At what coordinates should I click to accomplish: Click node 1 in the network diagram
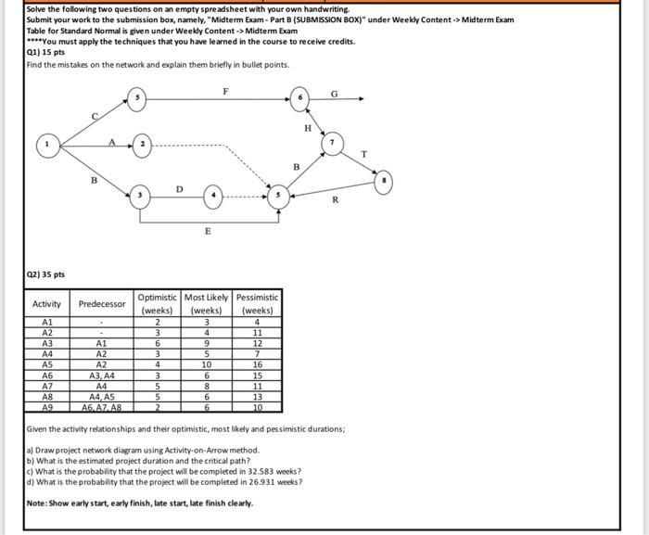[x=45, y=145]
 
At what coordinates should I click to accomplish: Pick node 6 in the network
[x=299, y=96]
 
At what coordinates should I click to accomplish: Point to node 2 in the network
[x=142, y=145]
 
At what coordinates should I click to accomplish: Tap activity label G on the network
[x=334, y=91]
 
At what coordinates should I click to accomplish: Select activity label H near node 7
[x=307, y=127]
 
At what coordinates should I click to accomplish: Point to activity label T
[x=363, y=153]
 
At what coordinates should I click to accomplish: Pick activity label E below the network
[x=208, y=232]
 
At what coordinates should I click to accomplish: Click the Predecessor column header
[x=102, y=303]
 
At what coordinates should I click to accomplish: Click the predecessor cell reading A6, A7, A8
[x=102, y=407]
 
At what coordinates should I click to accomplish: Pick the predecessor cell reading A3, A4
[x=102, y=376]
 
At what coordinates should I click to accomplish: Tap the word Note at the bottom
[x=39, y=503]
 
